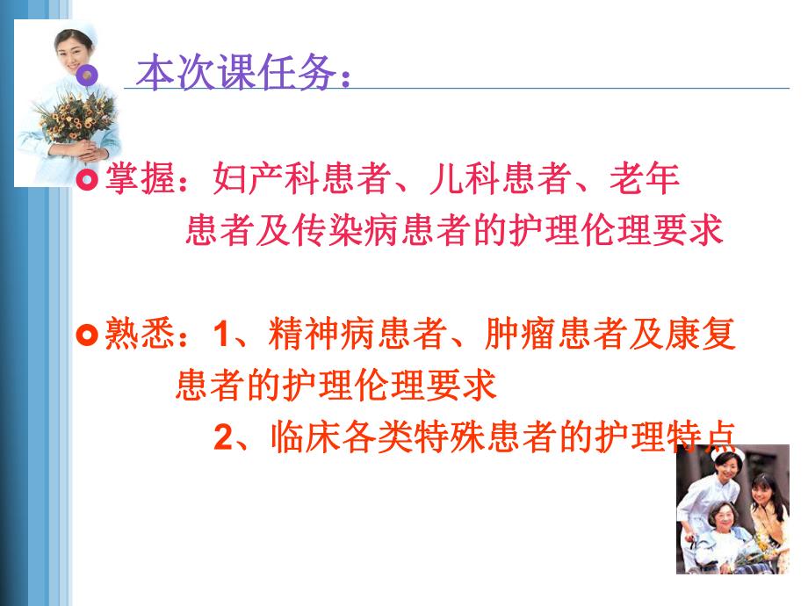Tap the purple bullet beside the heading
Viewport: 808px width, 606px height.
point(86,76)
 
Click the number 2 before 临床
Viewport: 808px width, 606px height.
point(222,436)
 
